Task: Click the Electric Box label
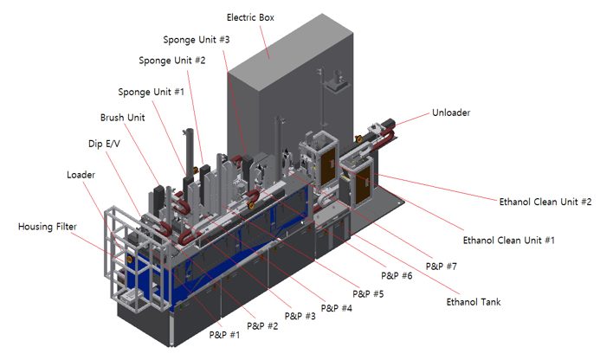[250, 17]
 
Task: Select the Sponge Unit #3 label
[197, 40]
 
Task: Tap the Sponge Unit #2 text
[171, 61]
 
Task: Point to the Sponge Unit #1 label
[152, 93]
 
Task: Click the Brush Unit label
[122, 118]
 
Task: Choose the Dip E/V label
[104, 144]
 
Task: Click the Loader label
[81, 175]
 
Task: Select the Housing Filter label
[48, 227]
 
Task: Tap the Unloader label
[451, 112]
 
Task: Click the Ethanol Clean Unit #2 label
[545, 202]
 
